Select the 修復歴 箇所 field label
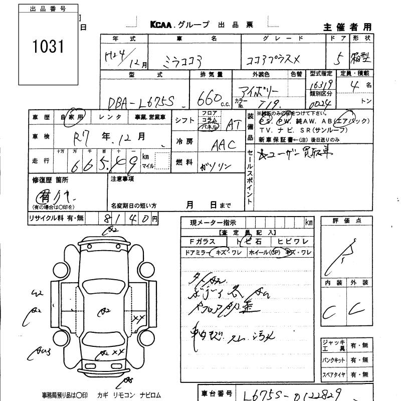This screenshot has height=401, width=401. tap(50, 179)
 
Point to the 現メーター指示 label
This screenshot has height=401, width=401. tap(210, 222)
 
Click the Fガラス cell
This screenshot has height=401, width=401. tap(199, 242)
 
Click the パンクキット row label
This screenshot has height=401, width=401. tap(333, 360)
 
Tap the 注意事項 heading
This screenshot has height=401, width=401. tap(121, 178)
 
